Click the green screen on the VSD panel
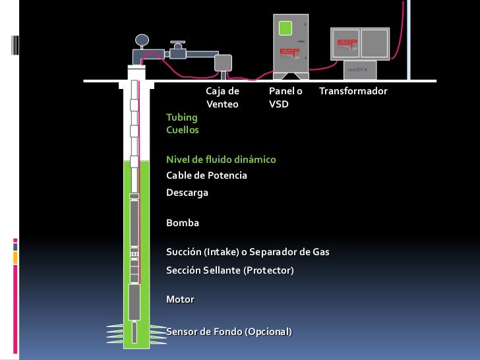click(285, 28)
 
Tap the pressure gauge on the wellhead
click(140, 40)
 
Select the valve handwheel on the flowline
click(177, 43)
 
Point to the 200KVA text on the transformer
click(357, 68)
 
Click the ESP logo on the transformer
click(348, 42)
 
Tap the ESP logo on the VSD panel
click(289, 51)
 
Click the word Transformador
click(353, 90)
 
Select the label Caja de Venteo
click(222, 97)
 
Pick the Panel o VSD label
click(285, 97)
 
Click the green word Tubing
click(181, 117)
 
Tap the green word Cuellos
click(183, 130)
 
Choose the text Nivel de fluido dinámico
click(221, 160)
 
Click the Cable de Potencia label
click(206, 175)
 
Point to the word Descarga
click(187, 193)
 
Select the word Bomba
click(183, 223)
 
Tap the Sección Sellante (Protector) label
click(230, 270)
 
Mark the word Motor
click(180, 299)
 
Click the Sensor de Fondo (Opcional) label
click(229, 331)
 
